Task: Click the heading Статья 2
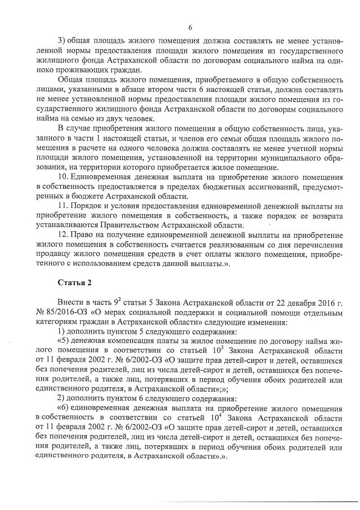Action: (x=74, y=282)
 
